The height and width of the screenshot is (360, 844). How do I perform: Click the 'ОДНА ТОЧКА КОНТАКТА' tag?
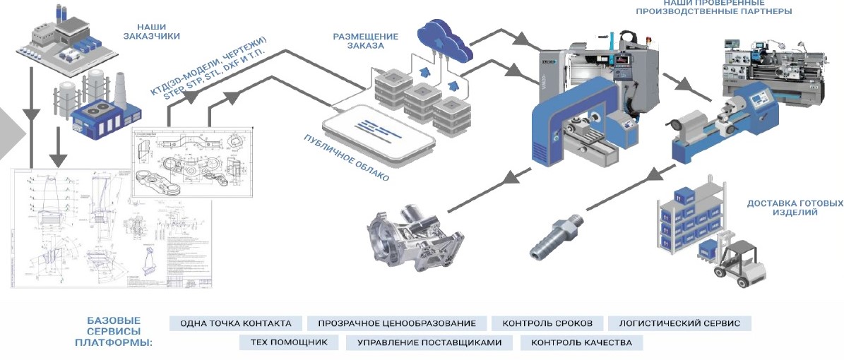point(236,323)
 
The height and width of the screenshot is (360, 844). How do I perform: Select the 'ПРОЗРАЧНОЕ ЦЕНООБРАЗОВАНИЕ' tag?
point(397,323)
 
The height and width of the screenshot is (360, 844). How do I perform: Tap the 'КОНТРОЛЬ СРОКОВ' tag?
point(547,323)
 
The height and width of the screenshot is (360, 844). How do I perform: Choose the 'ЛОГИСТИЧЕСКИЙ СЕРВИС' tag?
point(679,323)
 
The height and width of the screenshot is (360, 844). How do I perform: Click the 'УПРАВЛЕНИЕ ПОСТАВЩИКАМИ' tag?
point(429,343)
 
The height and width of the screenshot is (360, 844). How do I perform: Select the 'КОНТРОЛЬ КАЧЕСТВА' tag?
point(582,343)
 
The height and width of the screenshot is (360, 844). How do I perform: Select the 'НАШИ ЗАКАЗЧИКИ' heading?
point(151,30)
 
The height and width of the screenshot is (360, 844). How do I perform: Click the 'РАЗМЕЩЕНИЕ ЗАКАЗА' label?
point(366,41)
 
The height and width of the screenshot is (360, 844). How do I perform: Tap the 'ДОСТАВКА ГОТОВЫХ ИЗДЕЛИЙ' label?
point(795,208)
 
